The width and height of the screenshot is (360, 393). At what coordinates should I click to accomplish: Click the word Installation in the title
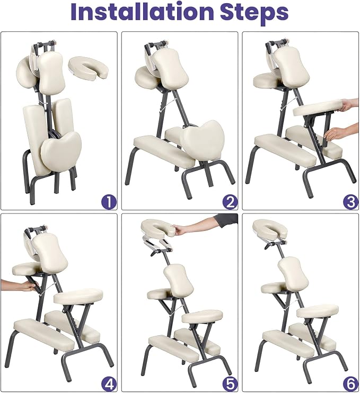(x=142, y=12)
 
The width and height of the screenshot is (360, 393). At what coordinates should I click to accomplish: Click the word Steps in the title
(x=254, y=13)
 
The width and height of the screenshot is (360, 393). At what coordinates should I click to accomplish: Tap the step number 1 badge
(x=109, y=202)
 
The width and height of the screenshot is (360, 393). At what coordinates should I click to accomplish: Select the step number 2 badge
(x=230, y=202)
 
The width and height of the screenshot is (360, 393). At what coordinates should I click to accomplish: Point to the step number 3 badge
(x=350, y=202)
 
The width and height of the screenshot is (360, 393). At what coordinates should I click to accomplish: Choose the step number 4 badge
(x=109, y=385)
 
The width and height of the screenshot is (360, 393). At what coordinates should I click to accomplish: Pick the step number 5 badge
(x=230, y=385)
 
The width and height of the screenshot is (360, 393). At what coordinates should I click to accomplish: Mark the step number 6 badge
(x=350, y=385)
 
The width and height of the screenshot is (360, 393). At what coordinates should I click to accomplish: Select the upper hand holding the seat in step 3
(x=350, y=105)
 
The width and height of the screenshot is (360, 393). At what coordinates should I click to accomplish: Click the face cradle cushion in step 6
(x=270, y=229)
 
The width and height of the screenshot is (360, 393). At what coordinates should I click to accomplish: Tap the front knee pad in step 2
(x=164, y=151)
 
